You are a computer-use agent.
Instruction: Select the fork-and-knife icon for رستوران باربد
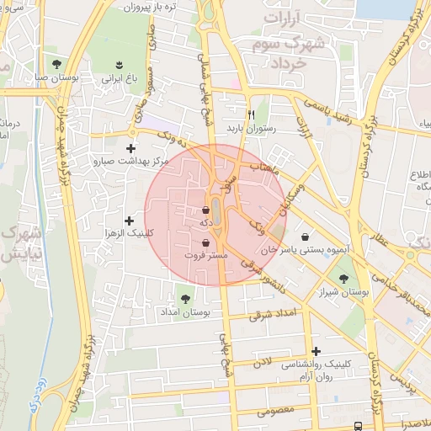[x=250, y=114]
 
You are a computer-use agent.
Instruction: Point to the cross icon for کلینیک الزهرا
[x=128, y=221]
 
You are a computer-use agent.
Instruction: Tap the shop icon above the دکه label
[x=207, y=210]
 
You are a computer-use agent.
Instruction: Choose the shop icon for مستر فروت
[x=206, y=242]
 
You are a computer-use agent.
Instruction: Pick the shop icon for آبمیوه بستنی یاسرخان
[x=302, y=238]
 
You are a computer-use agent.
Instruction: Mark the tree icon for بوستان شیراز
[x=343, y=279]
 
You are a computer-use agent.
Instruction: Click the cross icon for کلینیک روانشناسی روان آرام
[x=316, y=351]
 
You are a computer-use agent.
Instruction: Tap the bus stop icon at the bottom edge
[x=359, y=426]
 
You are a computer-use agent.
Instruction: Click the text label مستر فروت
[x=206, y=254]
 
